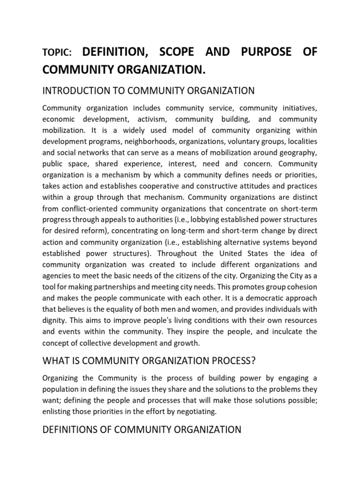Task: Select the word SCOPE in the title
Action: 175,52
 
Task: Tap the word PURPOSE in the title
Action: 265,52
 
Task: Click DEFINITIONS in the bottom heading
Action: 71,429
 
